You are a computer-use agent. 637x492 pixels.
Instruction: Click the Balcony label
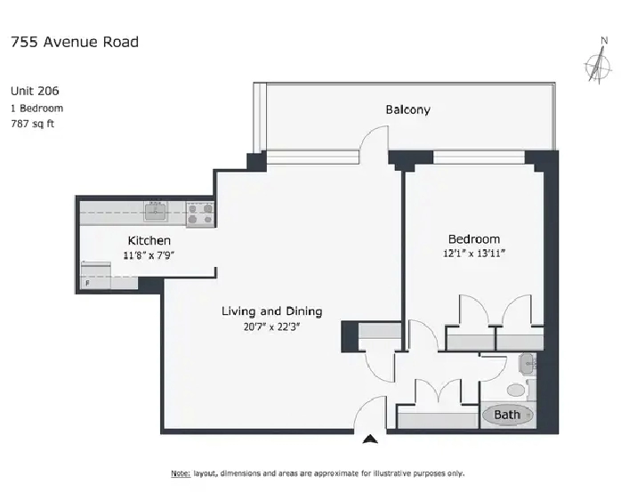click(x=407, y=109)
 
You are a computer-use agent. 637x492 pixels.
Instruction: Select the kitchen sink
click(x=155, y=212)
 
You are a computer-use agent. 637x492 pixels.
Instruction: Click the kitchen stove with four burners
click(x=200, y=214)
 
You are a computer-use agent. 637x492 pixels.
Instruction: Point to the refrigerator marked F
click(x=96, y=275)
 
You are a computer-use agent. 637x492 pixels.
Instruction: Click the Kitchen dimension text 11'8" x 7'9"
click(x=149, y=255)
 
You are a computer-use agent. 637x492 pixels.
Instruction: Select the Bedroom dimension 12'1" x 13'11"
click(x=474, y=253)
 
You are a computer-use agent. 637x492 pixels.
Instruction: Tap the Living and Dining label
click(x=271, y=311)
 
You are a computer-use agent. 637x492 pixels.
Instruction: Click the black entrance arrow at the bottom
click(x=370, y=440)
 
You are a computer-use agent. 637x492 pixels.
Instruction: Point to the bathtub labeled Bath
click(x=507, y=415)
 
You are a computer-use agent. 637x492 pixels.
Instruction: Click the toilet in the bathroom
click(x=519, y=390)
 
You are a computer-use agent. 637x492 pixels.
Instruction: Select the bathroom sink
click(x=528, y=363)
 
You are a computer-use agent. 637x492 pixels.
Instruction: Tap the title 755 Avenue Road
click(x=75, y=42)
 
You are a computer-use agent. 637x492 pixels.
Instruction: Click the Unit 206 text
click(x=35, y=91)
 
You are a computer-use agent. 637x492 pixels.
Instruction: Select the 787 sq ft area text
click(x=33, y=124)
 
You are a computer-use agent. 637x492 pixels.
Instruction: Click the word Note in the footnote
click(x=181, y=473)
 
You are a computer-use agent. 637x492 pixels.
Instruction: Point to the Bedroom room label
click(x=473, y=239)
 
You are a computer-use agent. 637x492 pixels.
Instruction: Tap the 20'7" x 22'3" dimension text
click(x=271, y=327)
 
